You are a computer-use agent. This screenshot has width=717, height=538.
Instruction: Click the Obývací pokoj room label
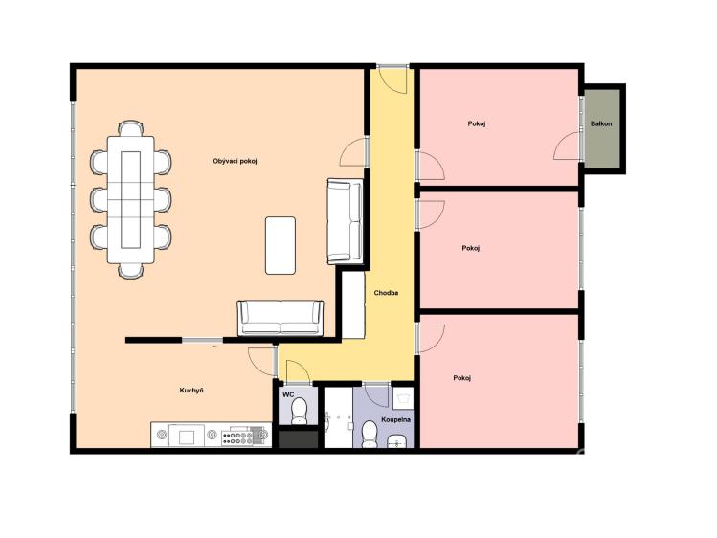point(235,162)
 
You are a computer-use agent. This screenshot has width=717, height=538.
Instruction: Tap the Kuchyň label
point(191,391)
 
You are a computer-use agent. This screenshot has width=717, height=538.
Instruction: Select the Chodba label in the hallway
point(386,293)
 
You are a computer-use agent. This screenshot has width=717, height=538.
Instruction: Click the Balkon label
point(601,123)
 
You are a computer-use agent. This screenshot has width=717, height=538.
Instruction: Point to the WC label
point(288,394)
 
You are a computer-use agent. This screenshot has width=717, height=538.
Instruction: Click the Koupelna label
point(396,419)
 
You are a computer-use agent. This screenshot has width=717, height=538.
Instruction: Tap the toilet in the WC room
point(300,411)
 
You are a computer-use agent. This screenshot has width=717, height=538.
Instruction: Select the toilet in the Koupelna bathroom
point(369,434)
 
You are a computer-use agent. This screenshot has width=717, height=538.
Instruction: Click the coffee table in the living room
point(280,245)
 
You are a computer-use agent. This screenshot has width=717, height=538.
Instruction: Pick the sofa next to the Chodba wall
point(346,221)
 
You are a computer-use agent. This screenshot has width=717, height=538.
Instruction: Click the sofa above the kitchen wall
point(280,318)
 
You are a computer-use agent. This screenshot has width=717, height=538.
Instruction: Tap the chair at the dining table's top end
point(131,128)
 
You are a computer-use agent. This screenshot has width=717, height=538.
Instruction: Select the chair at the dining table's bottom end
point(131,271)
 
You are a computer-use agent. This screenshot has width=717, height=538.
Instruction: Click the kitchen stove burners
point(236,438)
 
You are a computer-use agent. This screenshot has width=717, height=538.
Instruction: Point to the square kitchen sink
point(186,437)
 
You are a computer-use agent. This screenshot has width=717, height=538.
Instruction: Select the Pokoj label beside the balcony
point(477,123)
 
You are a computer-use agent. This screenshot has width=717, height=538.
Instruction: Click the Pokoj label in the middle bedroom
point(471,248)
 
